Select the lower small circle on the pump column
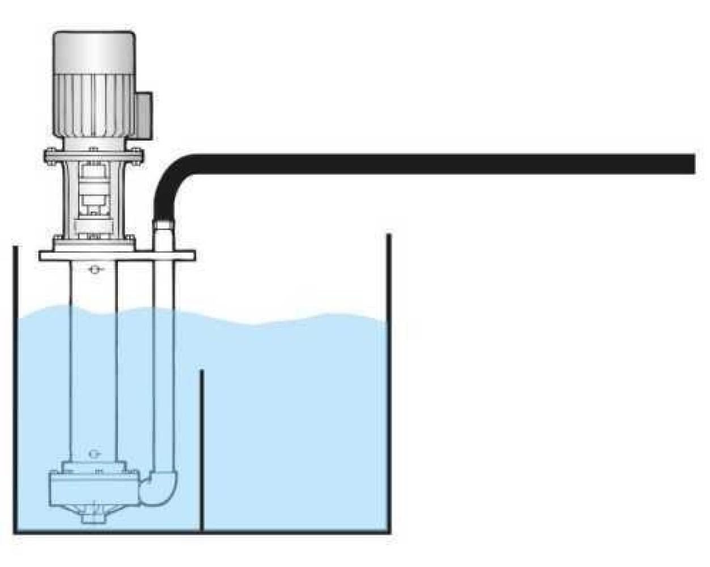94,453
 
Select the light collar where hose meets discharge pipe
163,226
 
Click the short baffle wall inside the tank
202,448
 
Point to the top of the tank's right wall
389,237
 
